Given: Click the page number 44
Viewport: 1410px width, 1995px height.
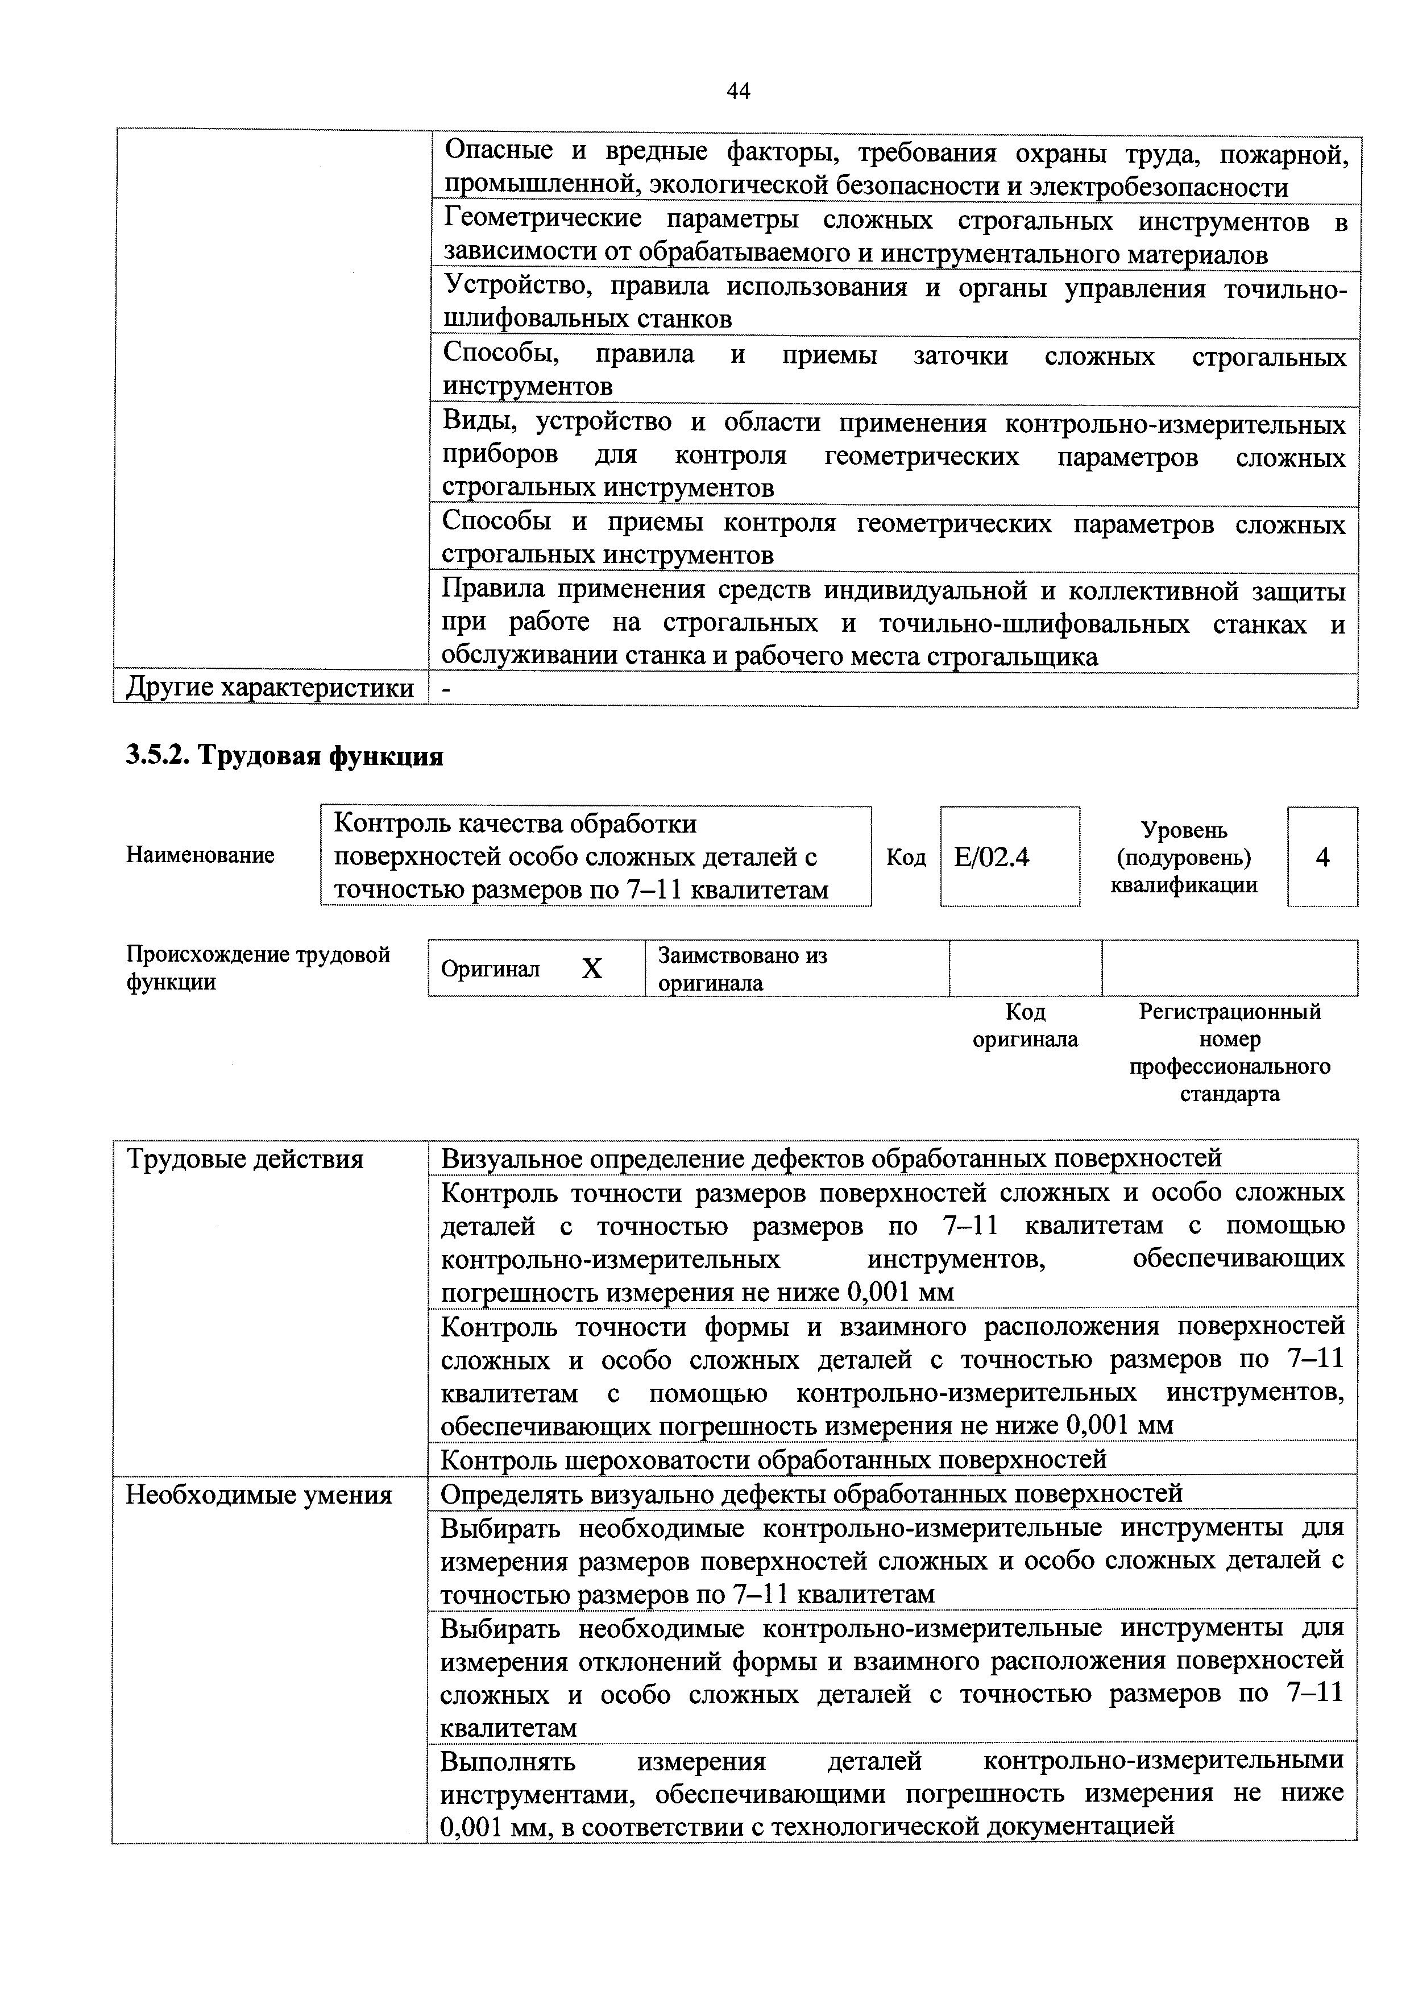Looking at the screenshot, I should (x=737, y=91).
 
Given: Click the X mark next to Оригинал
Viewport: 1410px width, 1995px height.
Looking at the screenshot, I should (x=592, y=968).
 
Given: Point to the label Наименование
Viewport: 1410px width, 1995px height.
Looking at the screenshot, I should (x=201, y=855).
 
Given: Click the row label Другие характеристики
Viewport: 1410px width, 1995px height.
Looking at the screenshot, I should (x=270, y=688).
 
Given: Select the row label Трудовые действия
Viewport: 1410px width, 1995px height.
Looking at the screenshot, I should (x=245, y=1159).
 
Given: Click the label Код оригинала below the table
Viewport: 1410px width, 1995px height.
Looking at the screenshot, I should (x=1025, y=1025).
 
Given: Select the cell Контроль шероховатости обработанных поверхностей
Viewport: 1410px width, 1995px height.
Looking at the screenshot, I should (x=773, y=1459).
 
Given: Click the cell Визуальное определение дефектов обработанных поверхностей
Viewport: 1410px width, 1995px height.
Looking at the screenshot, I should (x=831, y=1158).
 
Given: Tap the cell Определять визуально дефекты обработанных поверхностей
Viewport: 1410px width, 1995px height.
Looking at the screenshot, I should (x=811, y=1493).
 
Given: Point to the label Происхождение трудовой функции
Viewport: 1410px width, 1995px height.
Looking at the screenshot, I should (x=258, y=968).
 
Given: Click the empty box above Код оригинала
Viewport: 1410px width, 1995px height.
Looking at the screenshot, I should (x=1025, y=968).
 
